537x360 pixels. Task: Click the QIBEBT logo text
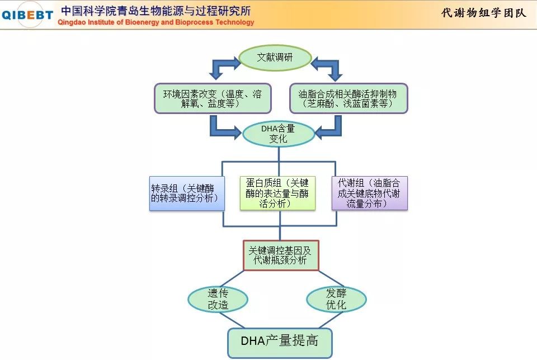tap(27, 15)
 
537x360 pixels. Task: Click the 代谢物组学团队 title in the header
tap(483, 13)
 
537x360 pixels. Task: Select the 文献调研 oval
tap(275, 58)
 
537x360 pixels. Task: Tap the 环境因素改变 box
tap(213, 98)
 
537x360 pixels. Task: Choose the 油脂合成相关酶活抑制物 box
tap(348, 98)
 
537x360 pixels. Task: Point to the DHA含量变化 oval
tap(279, 134)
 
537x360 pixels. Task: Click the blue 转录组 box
tap(187, 193)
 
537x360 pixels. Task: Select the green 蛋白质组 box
tap(277, 193)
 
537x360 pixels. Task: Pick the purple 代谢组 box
tap(370, 193)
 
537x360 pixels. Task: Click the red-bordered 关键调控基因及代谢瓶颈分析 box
tap(281, 255)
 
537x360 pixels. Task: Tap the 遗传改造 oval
tap(218, 299)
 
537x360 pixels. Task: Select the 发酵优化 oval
tap(336, 299)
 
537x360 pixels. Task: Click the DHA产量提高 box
tap(280, 343)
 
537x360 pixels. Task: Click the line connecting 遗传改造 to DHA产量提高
tap(232, 320)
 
